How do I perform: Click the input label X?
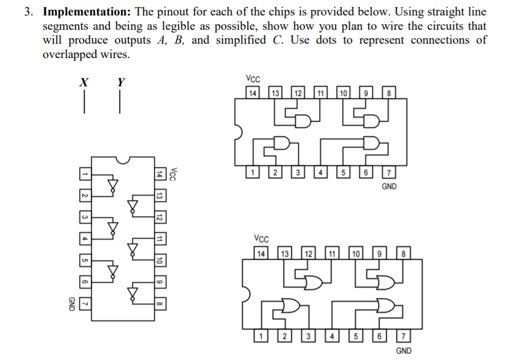tap(84, 82)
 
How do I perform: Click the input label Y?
tap(121, 82)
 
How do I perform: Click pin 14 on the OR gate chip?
tap(261, 253)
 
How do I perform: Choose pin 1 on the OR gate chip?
tap(261, 337)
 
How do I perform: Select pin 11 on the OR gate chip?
tap(332, 253)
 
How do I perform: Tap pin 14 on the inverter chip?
tap(159, 175)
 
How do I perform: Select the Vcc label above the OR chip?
tap(261, 239)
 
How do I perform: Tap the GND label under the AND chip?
tap(389, 186)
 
